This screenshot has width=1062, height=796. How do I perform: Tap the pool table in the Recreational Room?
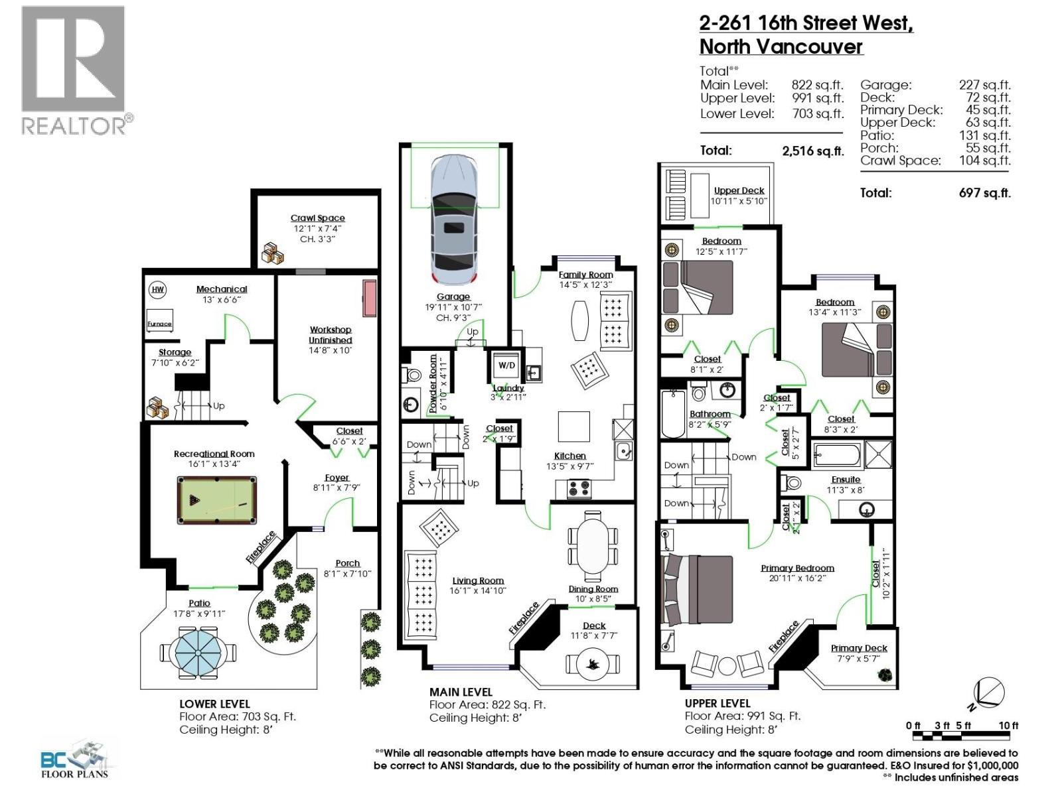217,499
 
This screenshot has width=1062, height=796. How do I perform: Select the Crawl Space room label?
317,218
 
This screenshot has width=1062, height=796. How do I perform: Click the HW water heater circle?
157,289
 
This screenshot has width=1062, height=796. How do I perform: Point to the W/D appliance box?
506,365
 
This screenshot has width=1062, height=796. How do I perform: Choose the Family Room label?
585,275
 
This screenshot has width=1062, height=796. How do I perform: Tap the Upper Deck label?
739,190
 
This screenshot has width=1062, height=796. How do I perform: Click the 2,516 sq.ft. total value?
812,151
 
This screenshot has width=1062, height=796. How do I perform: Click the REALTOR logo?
74,70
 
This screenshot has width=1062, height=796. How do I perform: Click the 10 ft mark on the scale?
1008,726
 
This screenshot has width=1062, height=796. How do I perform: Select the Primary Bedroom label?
797,568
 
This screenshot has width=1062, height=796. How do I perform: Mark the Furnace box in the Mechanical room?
159,319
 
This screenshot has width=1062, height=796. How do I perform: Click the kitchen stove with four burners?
578,489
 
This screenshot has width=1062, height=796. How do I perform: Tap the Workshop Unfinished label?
330,335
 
